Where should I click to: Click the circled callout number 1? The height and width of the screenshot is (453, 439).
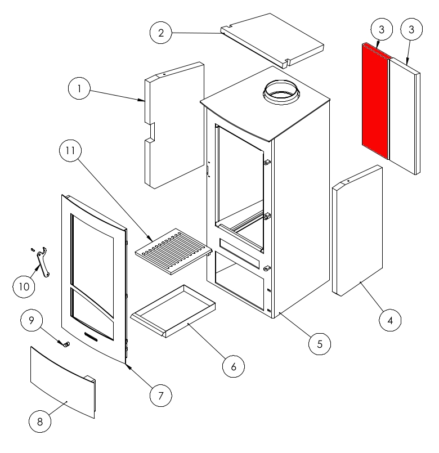pyautogui.click(x=79, y=88)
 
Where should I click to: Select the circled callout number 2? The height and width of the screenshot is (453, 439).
pyautogui.click(x=161, y=33)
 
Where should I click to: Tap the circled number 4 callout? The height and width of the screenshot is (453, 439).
pyautogui.click(x=390, y=320)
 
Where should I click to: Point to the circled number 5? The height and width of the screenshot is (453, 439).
pyautogui.click(x=319, y=344)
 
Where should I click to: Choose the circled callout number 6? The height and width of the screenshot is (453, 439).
pyautogui.click(x=233, y=366)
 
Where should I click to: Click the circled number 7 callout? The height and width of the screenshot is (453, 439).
pyautogui.click(x=161, y=396)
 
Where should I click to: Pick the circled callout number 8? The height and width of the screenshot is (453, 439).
pyautogui.click(x=40, y=421)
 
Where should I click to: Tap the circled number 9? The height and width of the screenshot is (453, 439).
pyautogui.click(x=32, y=320)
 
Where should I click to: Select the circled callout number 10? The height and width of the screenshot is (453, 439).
pyautogui.click(x=24, y=286)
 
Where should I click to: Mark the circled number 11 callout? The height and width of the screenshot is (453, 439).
pyautogui.click(x=70, y=150)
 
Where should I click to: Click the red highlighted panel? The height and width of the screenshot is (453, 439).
pyautogui.click(x=375, y=101)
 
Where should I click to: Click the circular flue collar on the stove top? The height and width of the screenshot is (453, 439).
pyautogui.click(x=281, y=92)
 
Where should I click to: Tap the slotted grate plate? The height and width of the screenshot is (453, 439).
pyautogui.click(x=173, y=252)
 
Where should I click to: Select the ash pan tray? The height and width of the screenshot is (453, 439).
pyautogui.click(x=173, y=311)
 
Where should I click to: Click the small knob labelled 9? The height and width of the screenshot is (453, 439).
pyautogui.click(x=67, y=344)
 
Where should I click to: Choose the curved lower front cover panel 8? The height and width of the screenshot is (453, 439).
pyautogui.click(x=62, y=382)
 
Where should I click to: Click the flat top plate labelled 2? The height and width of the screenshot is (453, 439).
pyautogui.click(x=272, y=41)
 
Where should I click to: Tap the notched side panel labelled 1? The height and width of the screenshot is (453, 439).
pyautogui.click(x=174, y=125)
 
